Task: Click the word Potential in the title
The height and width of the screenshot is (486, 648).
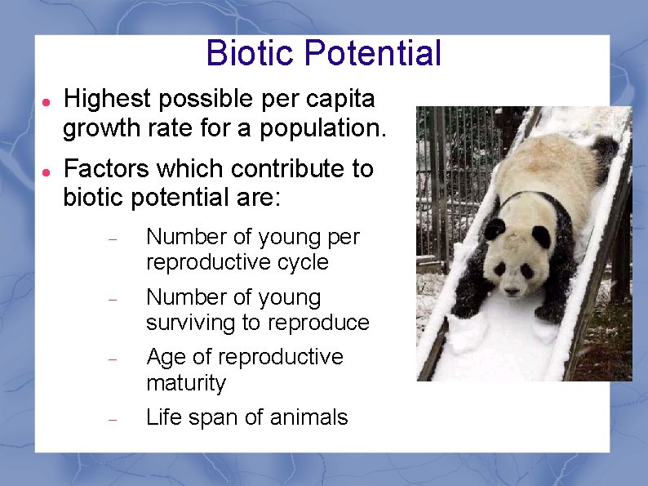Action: (371, 54)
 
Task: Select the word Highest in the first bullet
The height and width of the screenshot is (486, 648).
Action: (108, 100)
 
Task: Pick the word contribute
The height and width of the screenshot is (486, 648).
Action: (282, 169)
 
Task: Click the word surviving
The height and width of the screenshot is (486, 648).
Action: (190, 323)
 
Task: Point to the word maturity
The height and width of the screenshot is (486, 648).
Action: (184, 383)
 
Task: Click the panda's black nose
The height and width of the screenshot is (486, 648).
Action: (512, 289)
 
